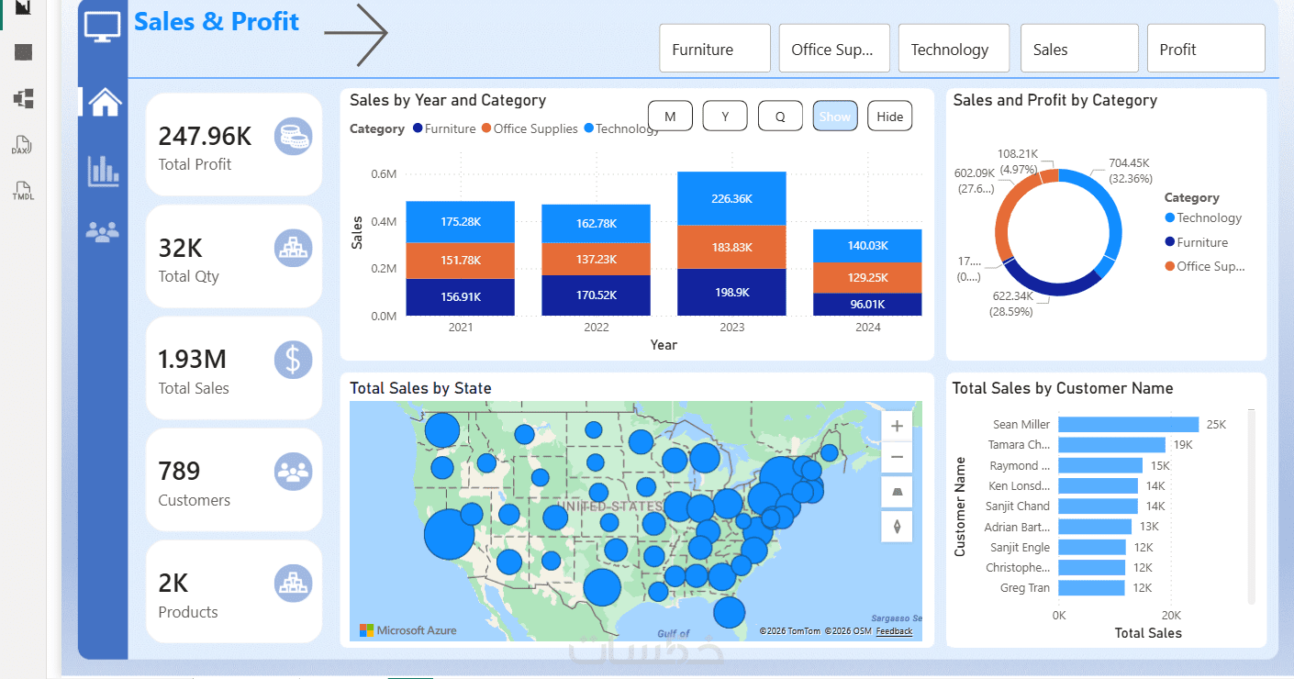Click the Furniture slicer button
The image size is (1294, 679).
click(x=714, y=49)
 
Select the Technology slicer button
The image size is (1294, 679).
click(x=953, y=49)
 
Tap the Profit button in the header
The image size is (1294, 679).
click(x=1205, y=49)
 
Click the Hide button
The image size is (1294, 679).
click(x=889, y=117)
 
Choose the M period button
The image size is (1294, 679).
click(x=670, y=117)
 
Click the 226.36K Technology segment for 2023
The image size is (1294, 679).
click(x=731, y=198)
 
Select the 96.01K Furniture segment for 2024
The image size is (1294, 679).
click(x=867, y=304)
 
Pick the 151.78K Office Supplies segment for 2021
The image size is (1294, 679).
click(x=461, y=260)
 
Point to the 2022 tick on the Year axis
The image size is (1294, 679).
click(x=596, y=328)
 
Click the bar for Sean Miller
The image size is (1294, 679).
click(x=1128, y=425)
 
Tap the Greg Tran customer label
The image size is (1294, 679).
click(x=1025, y=588)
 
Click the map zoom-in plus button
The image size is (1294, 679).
click(x=897, y=426)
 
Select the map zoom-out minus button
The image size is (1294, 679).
click(x=897, y=457)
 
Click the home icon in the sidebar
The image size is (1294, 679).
click(x=104, y=102)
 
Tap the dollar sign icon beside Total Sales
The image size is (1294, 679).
click(x=293, y=360)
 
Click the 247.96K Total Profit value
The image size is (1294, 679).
click(x=205, y=137)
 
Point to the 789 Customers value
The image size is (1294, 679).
click(x=179, y=472)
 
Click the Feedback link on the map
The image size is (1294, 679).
click(x=894, y=631)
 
